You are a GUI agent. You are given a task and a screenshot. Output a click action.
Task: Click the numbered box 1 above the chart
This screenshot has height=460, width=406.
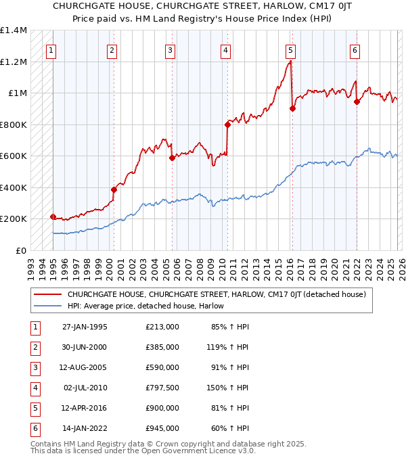52,50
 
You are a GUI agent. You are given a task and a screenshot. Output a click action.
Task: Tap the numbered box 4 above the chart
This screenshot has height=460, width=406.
225,50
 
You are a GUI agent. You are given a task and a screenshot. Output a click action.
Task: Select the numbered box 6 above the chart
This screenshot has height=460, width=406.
355,50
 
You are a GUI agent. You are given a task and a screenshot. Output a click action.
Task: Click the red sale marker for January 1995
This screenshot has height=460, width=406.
53,216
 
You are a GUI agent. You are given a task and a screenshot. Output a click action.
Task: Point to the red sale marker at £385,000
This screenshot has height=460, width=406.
114,190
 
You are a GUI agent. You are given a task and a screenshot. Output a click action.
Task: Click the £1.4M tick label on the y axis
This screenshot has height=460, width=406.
14,30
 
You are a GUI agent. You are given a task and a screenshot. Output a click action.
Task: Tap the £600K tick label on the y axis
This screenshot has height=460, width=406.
14,156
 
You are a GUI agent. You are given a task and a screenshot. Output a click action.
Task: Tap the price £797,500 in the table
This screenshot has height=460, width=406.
162,388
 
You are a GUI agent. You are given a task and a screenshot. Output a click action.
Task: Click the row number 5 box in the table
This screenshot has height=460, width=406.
34,408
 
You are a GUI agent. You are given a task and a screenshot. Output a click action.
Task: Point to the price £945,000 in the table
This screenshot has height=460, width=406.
162,428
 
